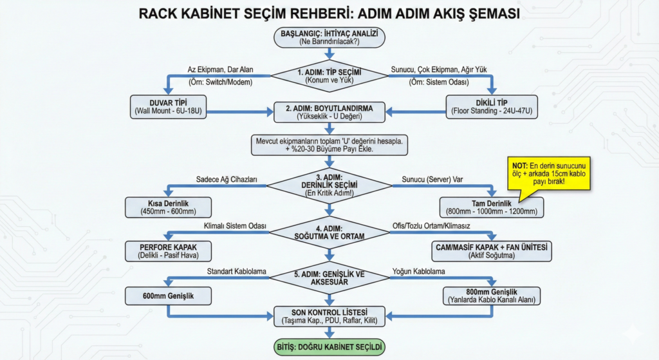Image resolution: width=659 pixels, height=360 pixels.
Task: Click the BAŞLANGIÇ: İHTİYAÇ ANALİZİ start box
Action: (329, 37)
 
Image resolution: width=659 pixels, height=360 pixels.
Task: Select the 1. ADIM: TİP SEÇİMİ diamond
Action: (329, 77)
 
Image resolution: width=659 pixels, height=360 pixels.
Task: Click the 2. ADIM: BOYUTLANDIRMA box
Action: (329, 111)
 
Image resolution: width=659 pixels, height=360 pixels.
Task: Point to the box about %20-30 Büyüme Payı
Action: (329, 144)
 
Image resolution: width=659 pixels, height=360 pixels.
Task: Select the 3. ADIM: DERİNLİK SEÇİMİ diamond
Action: (329, 186)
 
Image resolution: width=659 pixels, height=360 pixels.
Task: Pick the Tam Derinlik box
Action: (491, 207)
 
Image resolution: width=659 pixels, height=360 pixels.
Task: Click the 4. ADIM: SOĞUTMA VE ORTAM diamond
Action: (329, 232)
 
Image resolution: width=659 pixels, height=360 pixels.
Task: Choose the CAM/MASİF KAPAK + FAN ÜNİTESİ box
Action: (491, 251)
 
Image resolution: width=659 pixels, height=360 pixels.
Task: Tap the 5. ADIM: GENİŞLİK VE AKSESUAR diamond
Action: (329, 278)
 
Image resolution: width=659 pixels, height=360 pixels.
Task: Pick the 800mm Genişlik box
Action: (491, 296)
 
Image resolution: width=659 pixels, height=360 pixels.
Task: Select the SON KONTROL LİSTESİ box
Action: (329, 316)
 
